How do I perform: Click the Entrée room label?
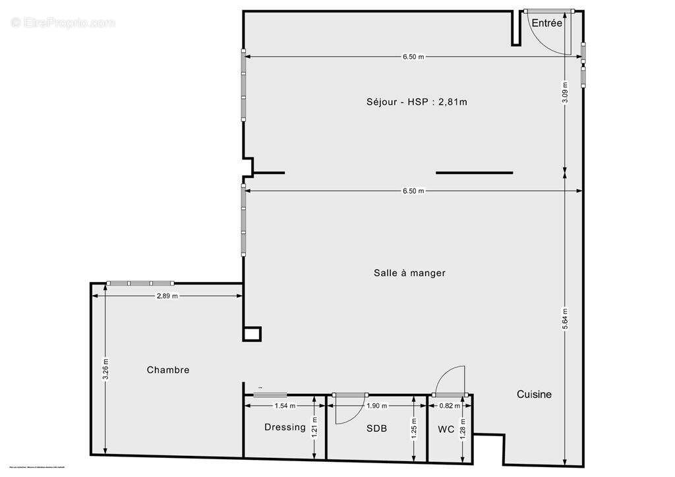coord(547,23)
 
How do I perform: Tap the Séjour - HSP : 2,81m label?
coord(417,101)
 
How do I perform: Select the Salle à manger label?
coord(409,273)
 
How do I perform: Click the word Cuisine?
coord(534,394)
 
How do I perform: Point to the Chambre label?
coord(168,370)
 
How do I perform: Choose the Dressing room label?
coord(285,427)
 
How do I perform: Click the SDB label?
coord(376,428)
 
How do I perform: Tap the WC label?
coord(446,429)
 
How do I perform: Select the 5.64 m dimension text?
coord(566,319)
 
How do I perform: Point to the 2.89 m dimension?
coord(167,296)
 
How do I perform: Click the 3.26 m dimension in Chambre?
coord(105,369)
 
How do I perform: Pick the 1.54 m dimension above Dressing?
coord(285,406)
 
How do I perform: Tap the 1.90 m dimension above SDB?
coord(376,406)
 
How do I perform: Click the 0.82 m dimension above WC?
coord(450,406)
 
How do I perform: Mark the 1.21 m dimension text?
coord(314,428)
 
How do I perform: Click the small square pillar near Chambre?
coord(252,334)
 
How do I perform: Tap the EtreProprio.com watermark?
coord(63,22)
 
